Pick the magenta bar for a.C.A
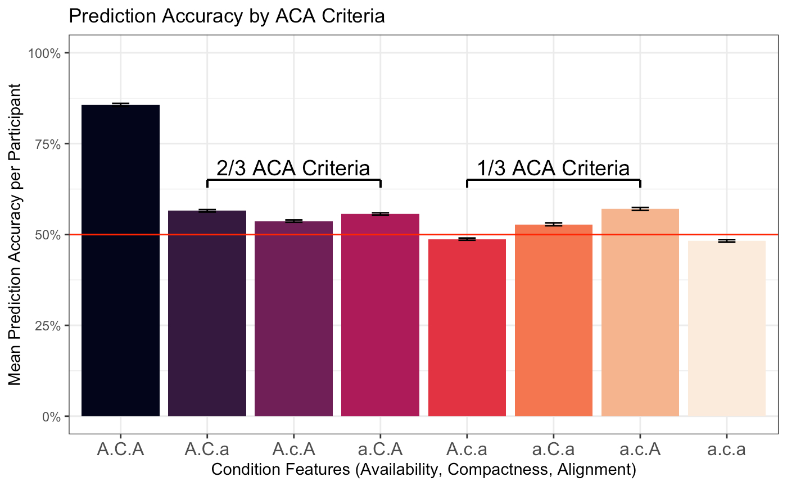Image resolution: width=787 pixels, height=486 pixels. click(380, 315)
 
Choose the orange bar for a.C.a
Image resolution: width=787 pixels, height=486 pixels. click(553, 320)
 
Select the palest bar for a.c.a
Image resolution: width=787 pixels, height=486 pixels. click(726, 328)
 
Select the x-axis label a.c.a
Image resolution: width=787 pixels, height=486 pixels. click(726, 450)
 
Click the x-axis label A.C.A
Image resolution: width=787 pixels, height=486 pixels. click(120, 450)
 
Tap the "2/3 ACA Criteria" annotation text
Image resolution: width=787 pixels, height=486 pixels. click(293, 169)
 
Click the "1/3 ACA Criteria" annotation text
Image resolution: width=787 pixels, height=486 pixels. click(553, 169)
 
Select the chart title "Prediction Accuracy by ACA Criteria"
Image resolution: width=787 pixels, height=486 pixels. click(226, 17)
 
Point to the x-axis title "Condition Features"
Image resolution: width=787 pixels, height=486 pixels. click(423, 469)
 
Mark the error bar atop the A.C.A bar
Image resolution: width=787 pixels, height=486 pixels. click(120, 105)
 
